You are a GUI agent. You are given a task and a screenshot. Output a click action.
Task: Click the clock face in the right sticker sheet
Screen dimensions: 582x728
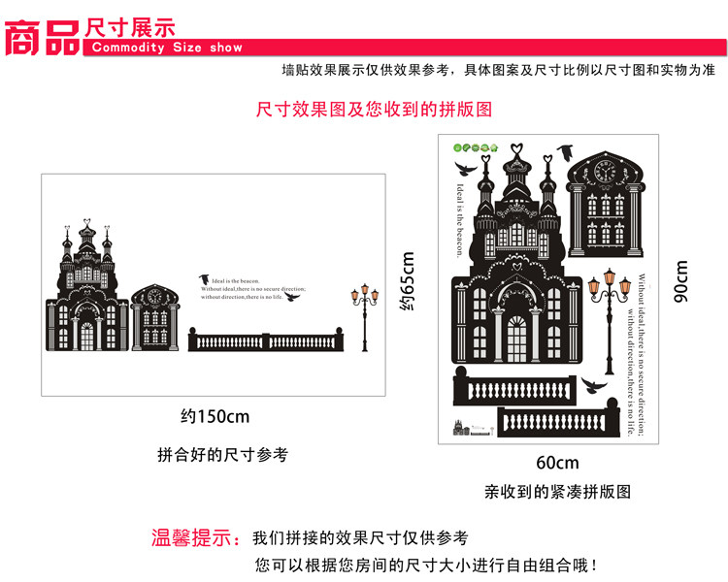coord(606,173)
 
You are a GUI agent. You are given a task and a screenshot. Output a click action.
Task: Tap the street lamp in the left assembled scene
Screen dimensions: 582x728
coord(365,316)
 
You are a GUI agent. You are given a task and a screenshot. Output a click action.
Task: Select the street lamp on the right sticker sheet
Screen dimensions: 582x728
coord(611,310)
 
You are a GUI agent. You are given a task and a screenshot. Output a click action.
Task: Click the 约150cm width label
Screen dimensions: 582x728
coord(215,417)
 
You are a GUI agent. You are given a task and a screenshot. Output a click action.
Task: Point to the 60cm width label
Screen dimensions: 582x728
coord(556,463)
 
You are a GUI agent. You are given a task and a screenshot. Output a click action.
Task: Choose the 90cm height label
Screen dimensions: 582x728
coord(681,280)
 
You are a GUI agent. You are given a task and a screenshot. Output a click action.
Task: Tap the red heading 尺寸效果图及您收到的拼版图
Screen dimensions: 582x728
coord(374,110)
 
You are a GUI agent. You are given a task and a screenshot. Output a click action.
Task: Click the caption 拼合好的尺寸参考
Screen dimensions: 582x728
coord(222,454)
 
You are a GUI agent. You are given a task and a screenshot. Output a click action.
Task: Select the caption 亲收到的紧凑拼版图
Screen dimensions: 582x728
coord(557,492)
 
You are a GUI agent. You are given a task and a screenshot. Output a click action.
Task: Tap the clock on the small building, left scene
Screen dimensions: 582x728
coord(152,298)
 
